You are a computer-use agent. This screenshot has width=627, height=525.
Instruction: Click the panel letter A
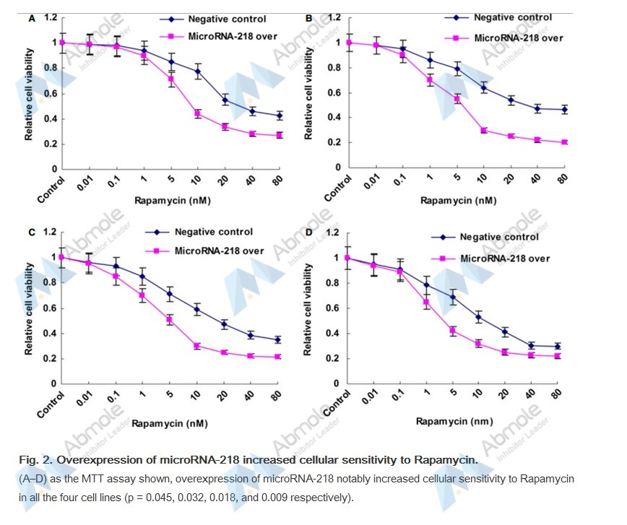[31, 18]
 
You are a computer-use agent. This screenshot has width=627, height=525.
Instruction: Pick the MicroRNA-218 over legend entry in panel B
[517, 38]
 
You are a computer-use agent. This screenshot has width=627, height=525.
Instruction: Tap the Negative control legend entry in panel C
[213, 232]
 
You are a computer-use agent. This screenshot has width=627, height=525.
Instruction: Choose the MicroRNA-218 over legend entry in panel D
[504, 258]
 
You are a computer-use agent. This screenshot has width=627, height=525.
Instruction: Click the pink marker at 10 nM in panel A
[197, 113]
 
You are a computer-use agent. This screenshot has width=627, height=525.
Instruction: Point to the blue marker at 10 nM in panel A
[197, 71]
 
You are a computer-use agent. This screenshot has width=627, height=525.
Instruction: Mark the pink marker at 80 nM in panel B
[564, 142]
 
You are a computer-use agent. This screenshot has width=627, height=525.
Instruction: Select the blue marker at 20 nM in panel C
[224, 324]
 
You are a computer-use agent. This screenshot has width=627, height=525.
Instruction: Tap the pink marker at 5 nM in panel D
[453, 331]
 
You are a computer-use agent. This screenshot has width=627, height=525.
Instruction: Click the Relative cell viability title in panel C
[30, 307]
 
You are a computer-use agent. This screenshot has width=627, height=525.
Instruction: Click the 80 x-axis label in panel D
[555, 396]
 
